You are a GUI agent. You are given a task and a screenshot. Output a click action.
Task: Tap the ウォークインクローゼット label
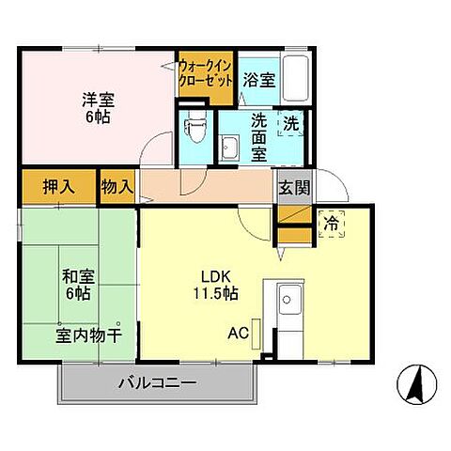click(x=206, y=73)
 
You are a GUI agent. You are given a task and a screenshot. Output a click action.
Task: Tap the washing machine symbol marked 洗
click(x=292, y=122)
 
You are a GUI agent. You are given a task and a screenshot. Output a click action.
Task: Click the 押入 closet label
click(x=58, y=186)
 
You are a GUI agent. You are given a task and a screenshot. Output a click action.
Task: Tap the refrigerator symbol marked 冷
click(x=332, y=224)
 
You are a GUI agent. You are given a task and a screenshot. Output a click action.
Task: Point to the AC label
click(x=239, y=333)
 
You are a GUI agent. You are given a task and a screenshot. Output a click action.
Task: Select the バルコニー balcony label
click(x=157, y=383)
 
